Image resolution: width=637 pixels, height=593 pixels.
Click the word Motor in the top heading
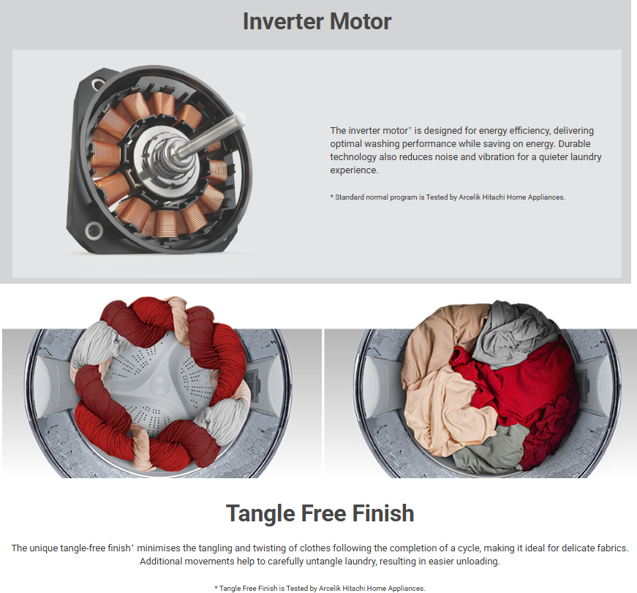[361, 21]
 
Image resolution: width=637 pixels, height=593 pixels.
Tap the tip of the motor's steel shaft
[241, 118]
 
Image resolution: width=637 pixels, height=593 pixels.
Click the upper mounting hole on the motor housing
[98, 84]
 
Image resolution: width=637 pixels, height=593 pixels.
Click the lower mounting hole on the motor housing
[94, 230]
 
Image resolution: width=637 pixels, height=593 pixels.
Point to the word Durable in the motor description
[574, 144]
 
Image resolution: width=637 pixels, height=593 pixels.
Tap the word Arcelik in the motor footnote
[470, 197]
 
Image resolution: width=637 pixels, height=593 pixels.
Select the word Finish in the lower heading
[383, 513]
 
